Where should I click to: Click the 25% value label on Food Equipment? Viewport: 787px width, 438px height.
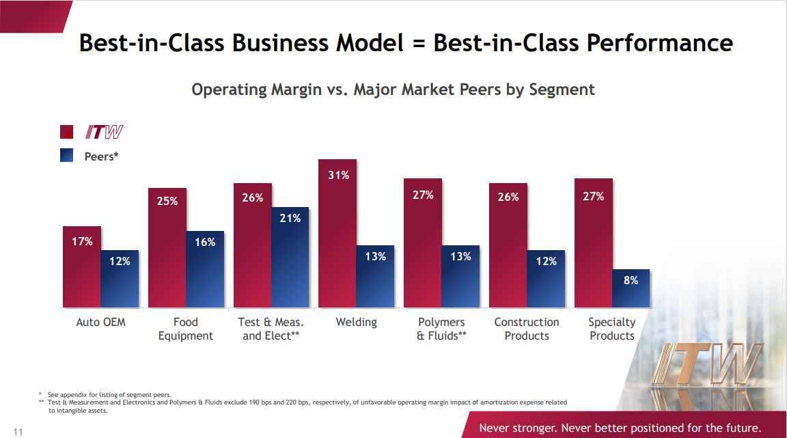click(x=167, y=202)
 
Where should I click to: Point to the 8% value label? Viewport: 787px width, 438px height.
click(x=631, y=280)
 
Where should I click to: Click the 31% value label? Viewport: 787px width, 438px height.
click(x=337, y=176)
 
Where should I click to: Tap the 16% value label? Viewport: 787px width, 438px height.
click(x=205, y=242)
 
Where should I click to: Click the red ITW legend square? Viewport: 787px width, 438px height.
click(x=67, y=132)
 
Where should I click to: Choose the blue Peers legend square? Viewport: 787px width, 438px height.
click(x=67, y=156)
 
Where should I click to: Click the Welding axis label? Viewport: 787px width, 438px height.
click(x=356, y=322)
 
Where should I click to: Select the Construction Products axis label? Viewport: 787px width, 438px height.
click(x=527, y=329)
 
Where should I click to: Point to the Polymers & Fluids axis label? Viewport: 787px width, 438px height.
click(x=441, y=329)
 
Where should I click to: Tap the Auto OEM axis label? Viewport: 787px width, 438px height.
click(x=101, y=322)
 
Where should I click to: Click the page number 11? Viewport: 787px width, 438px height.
click(x=18, y=431)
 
